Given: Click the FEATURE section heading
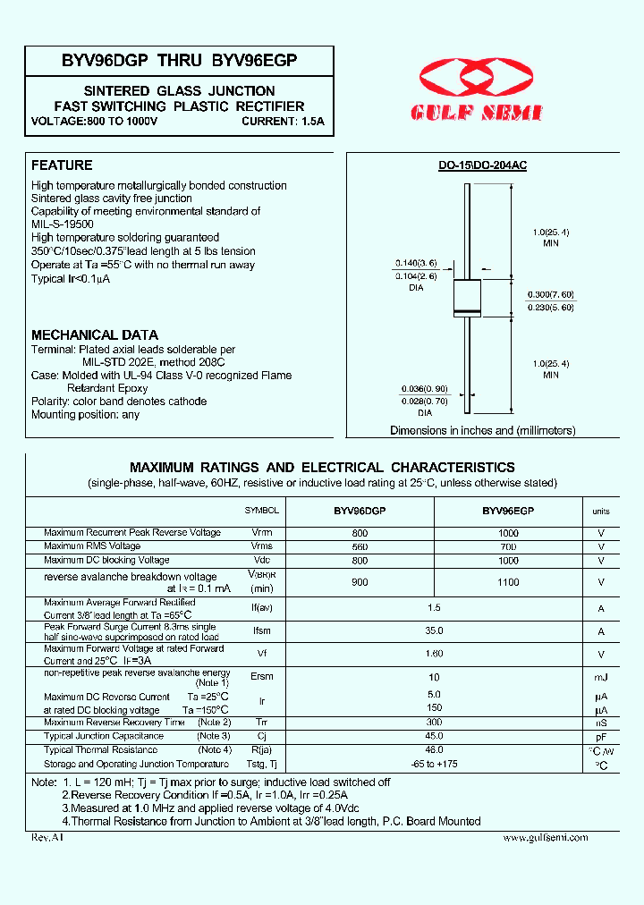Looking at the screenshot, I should point(62,165).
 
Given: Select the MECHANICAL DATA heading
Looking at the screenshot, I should point(95,334).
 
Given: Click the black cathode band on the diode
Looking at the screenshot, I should point(467,311).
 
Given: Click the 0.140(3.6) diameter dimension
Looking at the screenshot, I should point(415,264).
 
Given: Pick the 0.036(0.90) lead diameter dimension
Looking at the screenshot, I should point(414,389).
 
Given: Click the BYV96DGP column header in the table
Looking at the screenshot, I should point(360,511).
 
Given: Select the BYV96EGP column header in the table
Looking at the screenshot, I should point(508,511).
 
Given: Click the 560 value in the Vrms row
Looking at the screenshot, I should point(360,546).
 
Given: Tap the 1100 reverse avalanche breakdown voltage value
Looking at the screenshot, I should point(508,582).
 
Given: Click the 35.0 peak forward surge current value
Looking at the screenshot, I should point(435,630).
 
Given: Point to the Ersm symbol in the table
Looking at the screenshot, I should point(261,677).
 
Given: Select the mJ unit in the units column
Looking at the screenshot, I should point(601,678).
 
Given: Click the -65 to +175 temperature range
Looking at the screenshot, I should point(435,765).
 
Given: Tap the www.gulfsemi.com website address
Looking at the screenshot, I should point(545,837).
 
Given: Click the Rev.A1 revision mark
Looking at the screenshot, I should point(47,837).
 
